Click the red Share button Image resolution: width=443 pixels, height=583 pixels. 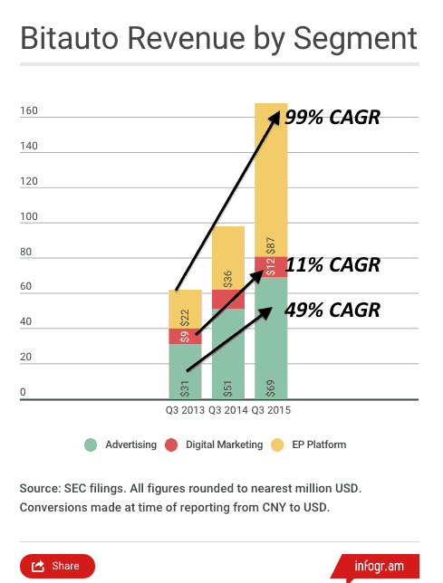coord(57,566)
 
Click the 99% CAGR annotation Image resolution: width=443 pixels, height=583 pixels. coord(332,118)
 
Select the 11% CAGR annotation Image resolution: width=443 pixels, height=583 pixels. coord(332,264)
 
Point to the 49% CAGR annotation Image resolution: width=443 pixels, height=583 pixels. coord(332,310)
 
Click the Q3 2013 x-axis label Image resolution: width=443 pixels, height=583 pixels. coord(185,410)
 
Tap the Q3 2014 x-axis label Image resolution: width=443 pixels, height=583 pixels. coord(228,410)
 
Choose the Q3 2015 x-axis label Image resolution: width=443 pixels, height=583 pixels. coord(271,410)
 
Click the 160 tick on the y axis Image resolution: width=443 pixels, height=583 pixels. coord(29,110)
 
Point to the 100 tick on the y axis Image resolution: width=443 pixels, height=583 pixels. coord(29,216)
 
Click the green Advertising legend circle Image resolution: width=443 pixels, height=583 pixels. coord(91,444)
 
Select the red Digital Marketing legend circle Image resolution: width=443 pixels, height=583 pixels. coord(171,444)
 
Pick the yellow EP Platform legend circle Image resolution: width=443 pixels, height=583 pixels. coord(277,444)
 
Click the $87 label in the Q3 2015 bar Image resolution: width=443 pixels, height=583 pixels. coord(271,245)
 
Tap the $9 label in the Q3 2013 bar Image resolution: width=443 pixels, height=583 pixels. coord(185,337)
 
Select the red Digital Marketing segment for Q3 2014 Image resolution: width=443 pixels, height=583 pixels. coord(228,300)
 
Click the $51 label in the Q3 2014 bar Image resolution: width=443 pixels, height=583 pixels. coord(228,388)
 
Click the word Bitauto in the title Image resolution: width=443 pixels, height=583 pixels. coord(69,38)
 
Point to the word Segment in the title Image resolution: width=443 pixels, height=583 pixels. coord(355,40)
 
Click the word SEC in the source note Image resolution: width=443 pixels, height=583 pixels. coord(74,488)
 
